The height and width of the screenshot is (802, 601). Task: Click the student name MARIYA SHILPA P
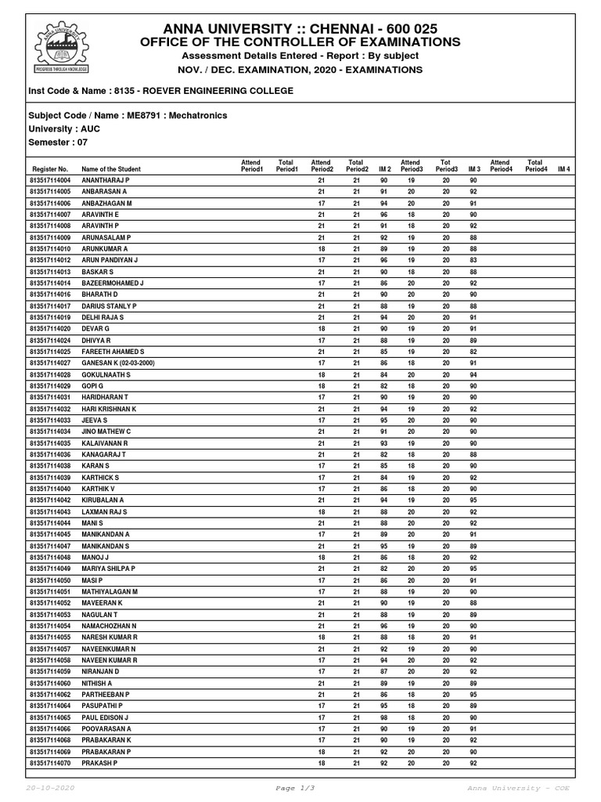108,568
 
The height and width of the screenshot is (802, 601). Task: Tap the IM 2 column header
384,169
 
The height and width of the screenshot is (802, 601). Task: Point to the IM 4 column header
563,169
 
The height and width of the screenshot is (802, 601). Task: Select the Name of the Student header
111,169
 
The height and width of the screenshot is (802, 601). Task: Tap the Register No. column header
50,169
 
